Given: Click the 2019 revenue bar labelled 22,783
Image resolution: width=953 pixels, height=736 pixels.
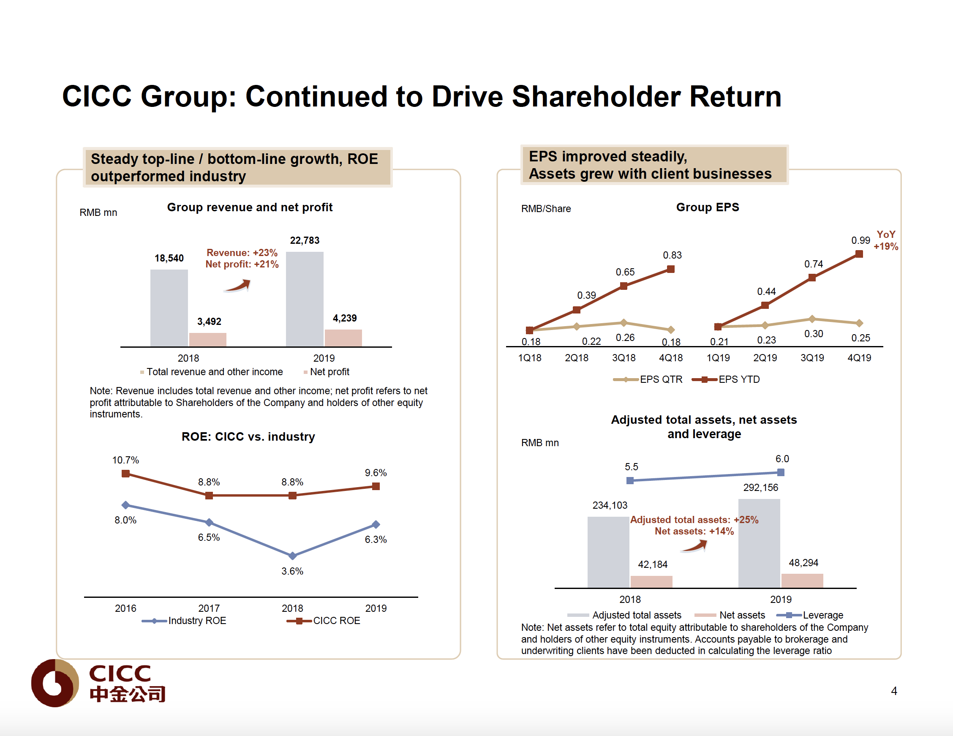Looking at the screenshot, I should [305, 299].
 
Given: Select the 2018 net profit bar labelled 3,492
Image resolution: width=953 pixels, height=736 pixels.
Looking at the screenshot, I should [208, 340].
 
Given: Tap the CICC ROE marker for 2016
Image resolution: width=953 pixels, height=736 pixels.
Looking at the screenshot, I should [125, 474].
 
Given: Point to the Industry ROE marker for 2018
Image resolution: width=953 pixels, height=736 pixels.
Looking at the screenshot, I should [292, 556].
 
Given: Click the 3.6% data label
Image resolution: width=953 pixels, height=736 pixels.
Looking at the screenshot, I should [292, 571].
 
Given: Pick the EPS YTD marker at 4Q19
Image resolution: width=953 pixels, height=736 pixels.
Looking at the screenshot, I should [859, 254].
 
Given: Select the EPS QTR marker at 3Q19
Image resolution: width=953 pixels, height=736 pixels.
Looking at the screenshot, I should [811, 319].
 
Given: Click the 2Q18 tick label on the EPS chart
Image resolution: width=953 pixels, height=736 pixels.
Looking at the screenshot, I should [577, 358].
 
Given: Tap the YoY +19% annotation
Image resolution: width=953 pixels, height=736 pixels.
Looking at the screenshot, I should [885, 240].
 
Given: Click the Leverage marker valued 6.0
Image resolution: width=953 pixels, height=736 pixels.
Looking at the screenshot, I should [781, 472].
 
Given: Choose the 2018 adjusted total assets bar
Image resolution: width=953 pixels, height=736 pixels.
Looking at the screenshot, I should [608, 552].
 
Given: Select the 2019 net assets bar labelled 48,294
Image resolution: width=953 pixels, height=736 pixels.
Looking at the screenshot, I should [802, 581].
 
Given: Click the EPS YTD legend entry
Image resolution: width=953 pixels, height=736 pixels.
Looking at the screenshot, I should [726, 379].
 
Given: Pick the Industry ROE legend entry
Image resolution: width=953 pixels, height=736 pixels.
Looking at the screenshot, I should [184, 621].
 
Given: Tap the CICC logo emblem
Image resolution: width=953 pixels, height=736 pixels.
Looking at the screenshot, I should [55, 683].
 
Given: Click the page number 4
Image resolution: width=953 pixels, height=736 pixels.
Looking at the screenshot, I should [894, 691].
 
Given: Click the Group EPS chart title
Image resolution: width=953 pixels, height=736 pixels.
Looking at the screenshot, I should [707, 207].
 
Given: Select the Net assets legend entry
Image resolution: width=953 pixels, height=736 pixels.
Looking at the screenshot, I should [730, 615].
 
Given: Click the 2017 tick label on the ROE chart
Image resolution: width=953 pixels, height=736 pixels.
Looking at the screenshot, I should [209, 608].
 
